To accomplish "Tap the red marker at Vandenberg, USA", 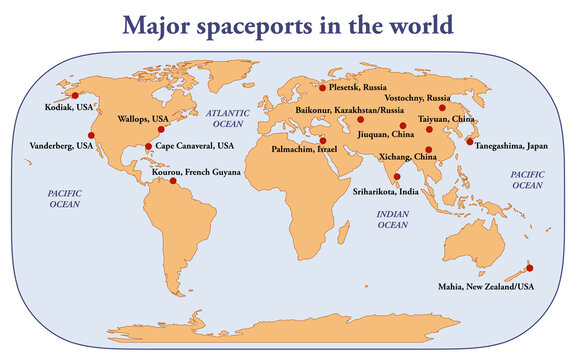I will tap(92, 134).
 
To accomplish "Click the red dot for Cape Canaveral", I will tap(149, 146).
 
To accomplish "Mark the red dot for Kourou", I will tap(173, 181).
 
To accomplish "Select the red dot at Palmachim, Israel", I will tap(323, 140).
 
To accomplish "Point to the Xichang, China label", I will tap(408, 157).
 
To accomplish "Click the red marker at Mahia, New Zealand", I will tap(530, 267).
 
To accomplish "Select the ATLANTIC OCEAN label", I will tap(228, 119).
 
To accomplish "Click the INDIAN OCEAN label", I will tap(392, 219).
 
